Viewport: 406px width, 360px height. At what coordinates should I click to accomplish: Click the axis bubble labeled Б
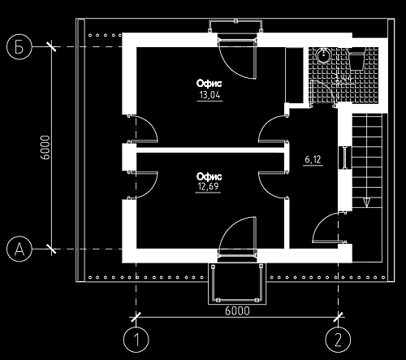[x=19, y=47]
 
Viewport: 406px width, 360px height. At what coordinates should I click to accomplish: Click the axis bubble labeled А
[x=19, y=249]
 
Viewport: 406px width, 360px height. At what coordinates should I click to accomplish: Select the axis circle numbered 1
[x=136, y=340]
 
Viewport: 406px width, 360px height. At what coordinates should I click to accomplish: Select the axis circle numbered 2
[x=338, y=340]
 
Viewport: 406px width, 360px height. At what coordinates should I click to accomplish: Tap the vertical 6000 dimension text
[x=46, y=148]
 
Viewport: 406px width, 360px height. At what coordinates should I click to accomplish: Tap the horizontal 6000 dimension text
[x=237, y=311]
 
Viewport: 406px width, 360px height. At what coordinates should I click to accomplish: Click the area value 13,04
[x=209, y=95]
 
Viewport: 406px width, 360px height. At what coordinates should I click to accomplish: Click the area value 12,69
[x=208, y=187]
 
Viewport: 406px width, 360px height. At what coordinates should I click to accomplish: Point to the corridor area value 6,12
[x=313, y=159]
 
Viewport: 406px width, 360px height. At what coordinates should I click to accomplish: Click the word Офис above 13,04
[x=209, y=83]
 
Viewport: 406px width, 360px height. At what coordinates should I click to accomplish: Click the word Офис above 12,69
[x=209, y=176]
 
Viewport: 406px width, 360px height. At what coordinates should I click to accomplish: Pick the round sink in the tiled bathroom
[x=323, y=55]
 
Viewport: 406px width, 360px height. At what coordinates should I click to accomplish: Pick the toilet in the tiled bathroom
[x=356, y=59]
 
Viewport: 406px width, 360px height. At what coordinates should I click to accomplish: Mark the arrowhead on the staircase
[x=366, y=202]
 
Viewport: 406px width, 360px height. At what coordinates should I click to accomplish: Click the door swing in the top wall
[x=237, y=59]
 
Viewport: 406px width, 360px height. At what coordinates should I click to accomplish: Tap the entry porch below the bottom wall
[x=237, y=284]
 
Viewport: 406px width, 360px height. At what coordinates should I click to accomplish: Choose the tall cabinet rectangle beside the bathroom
[x=295, y=76]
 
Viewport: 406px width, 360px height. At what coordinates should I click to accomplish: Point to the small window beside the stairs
[x=345, y=158]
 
